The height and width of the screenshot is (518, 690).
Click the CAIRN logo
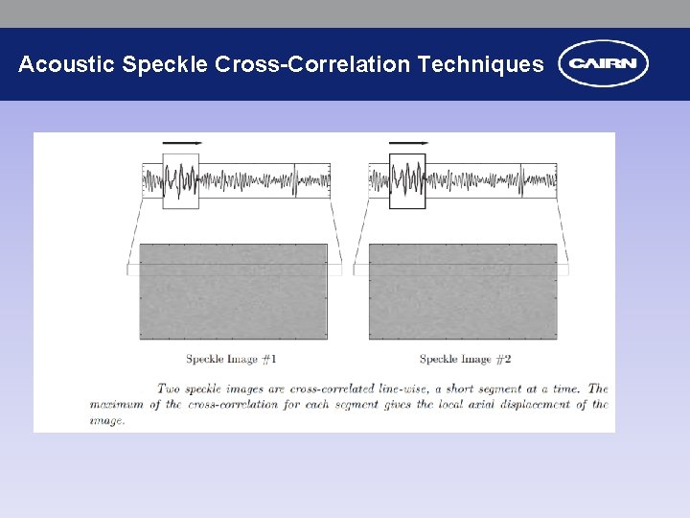(x=603, y=64)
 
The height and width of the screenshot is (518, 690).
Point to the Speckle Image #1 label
(x=231, y=359)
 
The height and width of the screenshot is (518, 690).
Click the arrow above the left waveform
(x=182, y=142)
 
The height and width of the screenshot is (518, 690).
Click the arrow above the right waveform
(x=408, y=142)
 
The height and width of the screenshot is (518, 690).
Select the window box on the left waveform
(x=180, y=180)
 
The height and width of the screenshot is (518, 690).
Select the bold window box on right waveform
(x=406, y=180)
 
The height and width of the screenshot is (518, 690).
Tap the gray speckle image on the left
(x=233, y=292)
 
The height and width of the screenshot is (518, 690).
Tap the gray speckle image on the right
(x=463, y=292)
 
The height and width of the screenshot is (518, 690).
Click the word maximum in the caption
(x=116, y=404)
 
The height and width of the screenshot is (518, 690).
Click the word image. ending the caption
(x=107, y=419)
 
